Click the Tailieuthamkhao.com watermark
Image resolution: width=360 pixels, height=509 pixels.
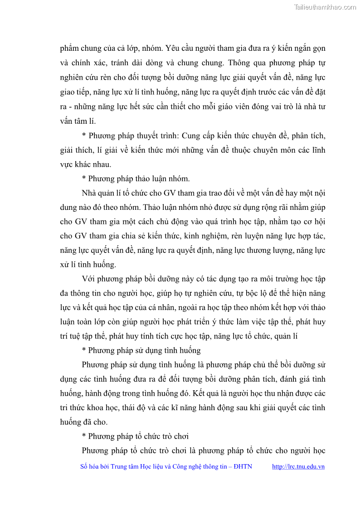click(325, 7)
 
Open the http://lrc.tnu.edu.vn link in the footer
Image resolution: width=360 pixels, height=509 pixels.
click(298, 466)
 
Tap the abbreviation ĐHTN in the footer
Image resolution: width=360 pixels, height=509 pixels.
click(243, 466)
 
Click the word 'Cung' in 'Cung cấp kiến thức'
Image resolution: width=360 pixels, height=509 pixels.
click(209, 136)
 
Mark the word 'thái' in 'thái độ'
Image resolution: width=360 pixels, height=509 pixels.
click(131, 407)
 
